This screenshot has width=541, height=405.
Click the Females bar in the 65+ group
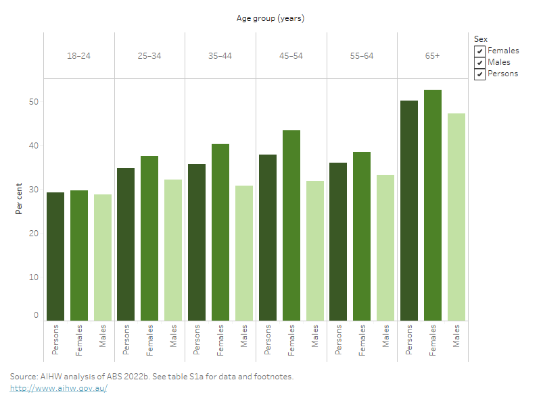[433, 205]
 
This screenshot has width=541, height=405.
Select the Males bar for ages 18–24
[103, 257]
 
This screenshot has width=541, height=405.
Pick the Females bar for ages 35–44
[220, 232]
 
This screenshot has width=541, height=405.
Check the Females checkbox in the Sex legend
[479, 51]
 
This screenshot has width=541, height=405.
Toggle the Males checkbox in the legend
[479, 62]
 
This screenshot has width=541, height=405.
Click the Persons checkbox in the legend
[479, 74]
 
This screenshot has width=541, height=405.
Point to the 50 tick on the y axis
[34, 102]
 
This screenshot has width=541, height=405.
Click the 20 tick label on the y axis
[34, 234]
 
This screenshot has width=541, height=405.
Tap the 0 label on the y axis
[37, 315]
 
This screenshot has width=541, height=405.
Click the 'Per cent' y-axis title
[19, 198]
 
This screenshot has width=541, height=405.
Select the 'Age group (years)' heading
[270, 18]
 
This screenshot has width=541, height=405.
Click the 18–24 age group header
[79, 55]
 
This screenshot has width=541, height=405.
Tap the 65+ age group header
[433, 55]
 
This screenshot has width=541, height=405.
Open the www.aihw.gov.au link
[58, 388]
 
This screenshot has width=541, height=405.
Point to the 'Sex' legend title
[480, 39]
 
